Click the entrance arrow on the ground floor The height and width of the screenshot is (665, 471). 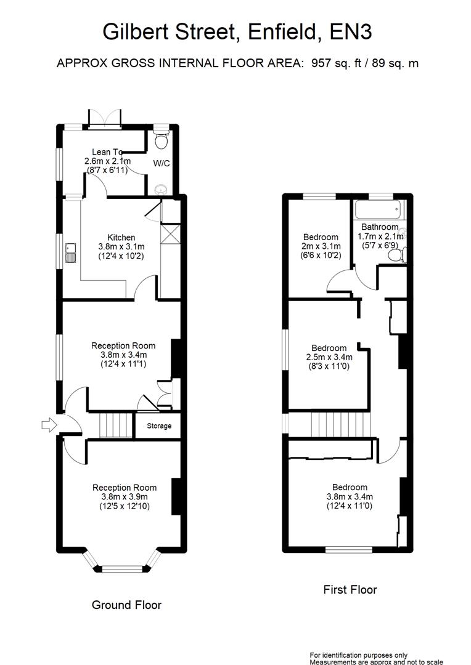47,424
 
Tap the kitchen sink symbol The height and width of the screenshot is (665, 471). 71,252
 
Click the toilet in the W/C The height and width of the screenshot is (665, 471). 161,140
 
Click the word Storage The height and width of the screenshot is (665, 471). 158,426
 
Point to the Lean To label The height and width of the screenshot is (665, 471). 106,152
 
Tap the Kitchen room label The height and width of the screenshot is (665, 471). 121,238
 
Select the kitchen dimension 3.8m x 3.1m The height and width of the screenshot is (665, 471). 121,247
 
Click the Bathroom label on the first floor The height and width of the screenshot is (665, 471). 380,227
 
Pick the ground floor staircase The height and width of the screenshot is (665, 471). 117,425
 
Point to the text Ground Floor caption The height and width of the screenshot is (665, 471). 126,605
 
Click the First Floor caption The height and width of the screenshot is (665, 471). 350,589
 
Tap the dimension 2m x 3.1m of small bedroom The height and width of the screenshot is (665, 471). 321,246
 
